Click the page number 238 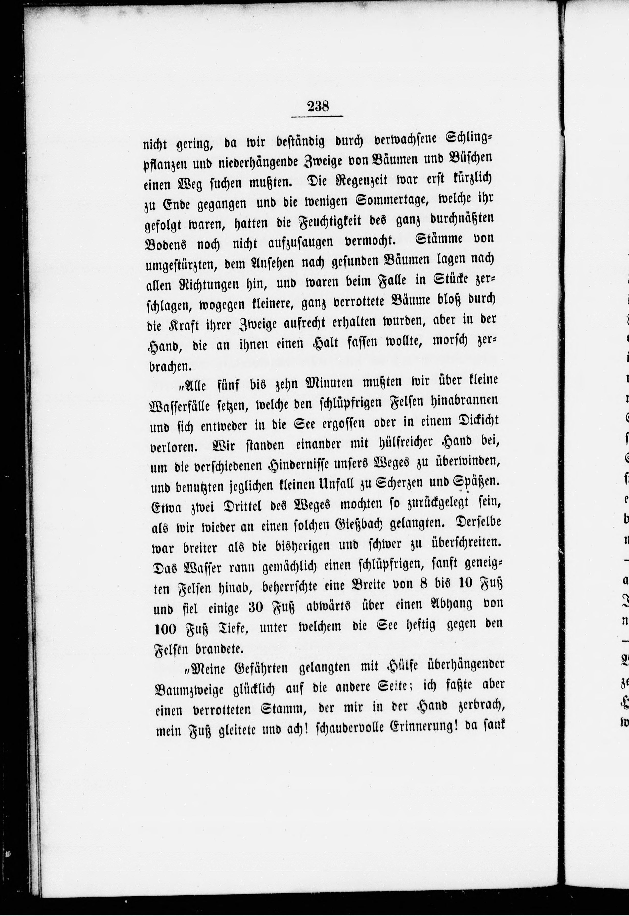[x=317, y=106]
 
